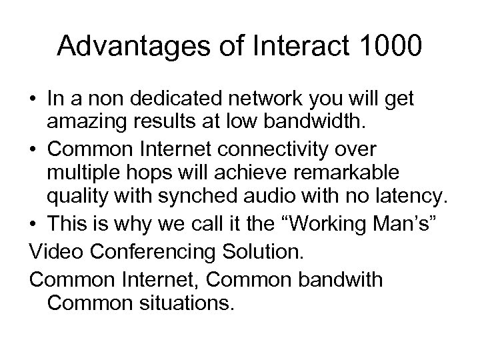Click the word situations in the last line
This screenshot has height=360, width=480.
point(188,303)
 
